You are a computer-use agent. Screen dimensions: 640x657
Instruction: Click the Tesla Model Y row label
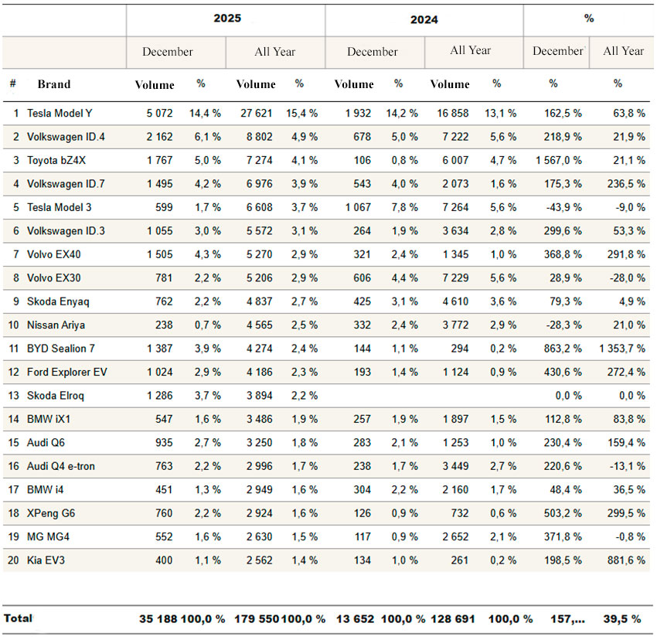point(60,113)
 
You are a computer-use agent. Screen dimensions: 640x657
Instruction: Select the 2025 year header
point(226,18)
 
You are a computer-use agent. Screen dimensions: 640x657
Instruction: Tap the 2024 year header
point(424,19)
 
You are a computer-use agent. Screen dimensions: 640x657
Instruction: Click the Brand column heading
point(53,84)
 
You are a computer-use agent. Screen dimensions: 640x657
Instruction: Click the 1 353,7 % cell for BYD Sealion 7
point(621,349)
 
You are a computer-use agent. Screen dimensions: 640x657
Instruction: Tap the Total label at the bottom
point(18,618)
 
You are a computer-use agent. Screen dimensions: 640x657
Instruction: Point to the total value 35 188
point(158,618)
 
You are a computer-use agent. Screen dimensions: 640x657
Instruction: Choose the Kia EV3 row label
point(46,560)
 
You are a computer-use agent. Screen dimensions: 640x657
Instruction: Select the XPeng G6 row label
point(51,512)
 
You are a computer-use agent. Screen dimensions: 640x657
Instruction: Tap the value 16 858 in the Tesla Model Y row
point(451,113)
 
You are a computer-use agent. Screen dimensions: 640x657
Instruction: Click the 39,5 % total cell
point(622,618)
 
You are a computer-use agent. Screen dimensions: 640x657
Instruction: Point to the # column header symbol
point(13,84)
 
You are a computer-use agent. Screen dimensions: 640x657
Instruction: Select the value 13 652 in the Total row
point(352,618)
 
